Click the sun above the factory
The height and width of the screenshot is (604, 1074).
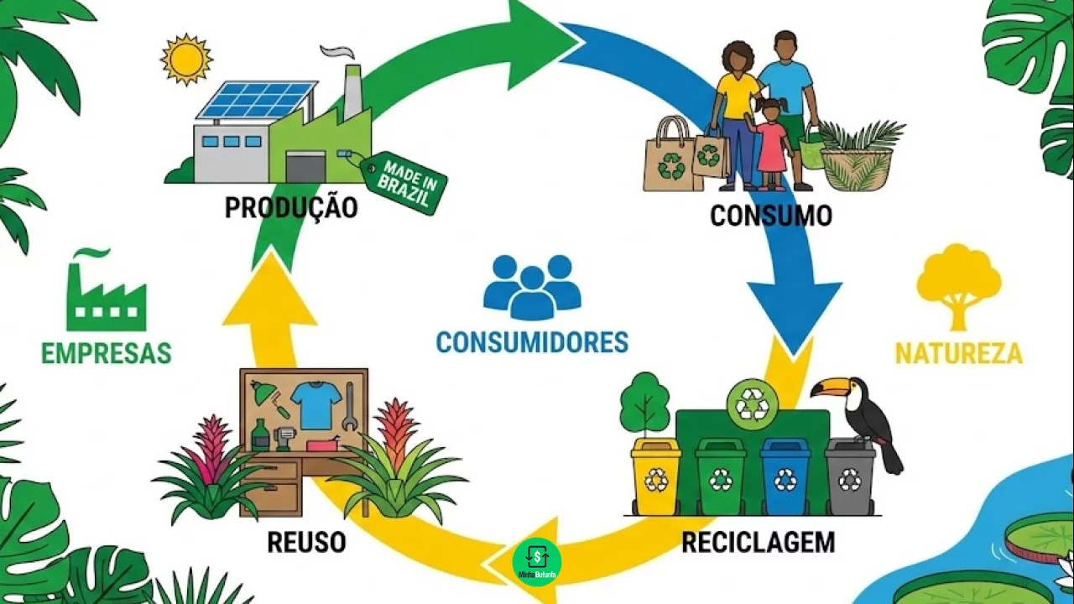tap(186, 59)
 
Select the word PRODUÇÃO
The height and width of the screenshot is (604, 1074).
tap(291, 207)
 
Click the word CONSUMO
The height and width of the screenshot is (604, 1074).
tap(770, 216)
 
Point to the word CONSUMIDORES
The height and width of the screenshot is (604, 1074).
tap(532, 342)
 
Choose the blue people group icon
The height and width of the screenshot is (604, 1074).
tap(532, 286)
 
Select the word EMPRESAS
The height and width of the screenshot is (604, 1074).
tap(107, 353)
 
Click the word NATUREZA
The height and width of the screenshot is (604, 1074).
tap(959, 353)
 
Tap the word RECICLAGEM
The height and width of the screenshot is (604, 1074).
tap(758, 543)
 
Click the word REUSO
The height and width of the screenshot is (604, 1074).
tap(306, 543)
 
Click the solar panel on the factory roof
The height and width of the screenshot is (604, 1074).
tap(256, 100)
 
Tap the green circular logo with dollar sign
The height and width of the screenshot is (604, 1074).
tap(537, 561)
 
